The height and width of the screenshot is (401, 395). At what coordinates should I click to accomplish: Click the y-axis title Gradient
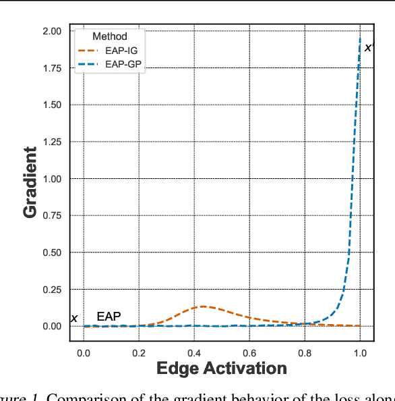(30, 183)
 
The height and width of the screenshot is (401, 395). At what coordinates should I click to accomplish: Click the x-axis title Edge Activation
(222, 369)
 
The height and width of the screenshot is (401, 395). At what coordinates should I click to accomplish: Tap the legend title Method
(109, 36)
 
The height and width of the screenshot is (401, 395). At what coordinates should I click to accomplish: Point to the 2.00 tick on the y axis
(51, 31)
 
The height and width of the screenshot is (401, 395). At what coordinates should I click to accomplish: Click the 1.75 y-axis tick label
(51, 68)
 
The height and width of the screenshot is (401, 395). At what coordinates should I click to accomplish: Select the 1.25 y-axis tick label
(51, 142)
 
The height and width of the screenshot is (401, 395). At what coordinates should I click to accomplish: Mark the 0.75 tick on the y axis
(51, 215)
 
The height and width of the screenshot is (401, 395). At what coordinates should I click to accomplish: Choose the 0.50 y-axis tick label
(51, 252)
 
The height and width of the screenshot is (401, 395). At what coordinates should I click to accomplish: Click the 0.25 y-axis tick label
(51, 289)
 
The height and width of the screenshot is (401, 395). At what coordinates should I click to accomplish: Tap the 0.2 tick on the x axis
(139, 352)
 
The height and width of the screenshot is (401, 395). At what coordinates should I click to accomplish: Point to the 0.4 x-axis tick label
(194, 352)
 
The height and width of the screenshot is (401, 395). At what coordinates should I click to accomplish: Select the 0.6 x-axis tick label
(249, 352)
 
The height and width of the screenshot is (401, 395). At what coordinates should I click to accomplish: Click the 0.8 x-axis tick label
(305, 352)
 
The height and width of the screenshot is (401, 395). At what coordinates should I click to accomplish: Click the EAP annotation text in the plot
(109, 316)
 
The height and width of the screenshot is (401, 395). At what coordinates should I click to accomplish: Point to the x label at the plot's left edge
(74, 319)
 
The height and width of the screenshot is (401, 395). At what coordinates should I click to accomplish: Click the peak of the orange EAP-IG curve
(204, 306)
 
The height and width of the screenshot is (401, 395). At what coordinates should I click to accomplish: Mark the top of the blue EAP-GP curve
(360, 38)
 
